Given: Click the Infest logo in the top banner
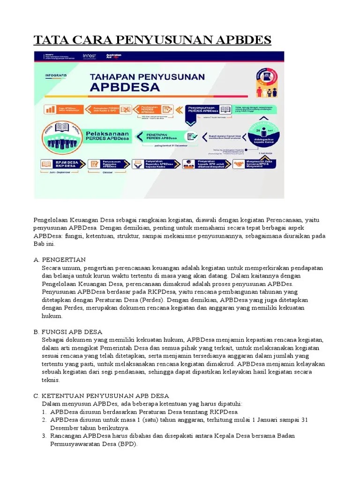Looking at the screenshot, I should pos(89,56).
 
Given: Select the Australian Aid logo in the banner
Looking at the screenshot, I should pos(114,56).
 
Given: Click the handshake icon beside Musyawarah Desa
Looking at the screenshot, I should pos(239,164).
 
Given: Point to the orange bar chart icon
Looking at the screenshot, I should pos(50,109).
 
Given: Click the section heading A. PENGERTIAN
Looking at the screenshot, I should pos(60,259).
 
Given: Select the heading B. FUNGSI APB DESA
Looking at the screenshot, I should pos(67,331).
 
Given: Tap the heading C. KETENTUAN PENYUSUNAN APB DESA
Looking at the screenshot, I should pos(101,396).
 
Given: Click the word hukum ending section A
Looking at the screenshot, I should pos(52,316).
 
